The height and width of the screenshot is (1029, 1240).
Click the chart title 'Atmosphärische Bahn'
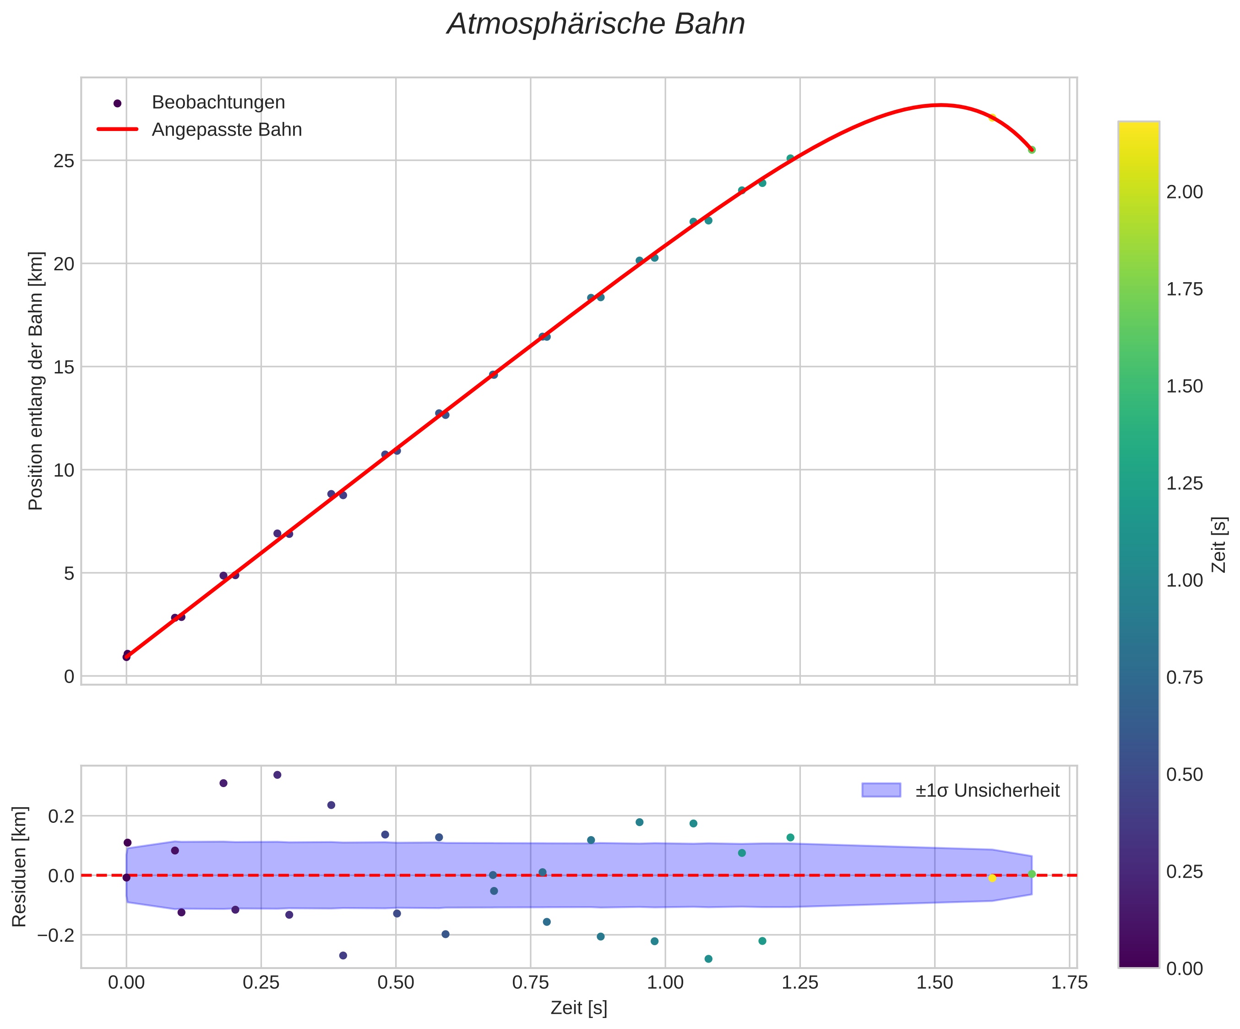[596, 25]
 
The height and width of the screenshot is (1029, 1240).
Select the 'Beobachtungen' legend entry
[218, 103]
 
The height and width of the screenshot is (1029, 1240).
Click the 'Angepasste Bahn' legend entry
[227, 130]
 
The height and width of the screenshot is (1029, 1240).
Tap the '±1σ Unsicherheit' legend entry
[987, 790]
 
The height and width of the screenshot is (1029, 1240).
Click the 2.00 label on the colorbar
[1185, 192]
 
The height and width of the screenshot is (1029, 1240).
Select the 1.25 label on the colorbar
[1185, 484]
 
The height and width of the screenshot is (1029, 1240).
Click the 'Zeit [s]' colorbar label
[1219, 545]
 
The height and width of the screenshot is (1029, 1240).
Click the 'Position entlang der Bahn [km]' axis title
[36, 381]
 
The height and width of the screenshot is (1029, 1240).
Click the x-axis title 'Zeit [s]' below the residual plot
[579, 1008]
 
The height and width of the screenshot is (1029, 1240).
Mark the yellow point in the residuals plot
[992, 878]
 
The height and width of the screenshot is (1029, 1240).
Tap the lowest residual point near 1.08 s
[708, 959]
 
